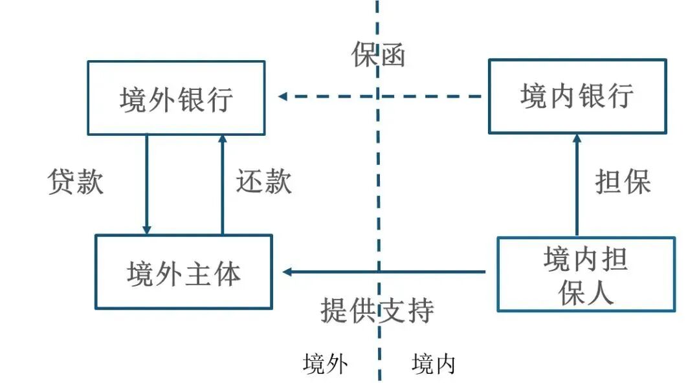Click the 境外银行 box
176,98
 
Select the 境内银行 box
577,96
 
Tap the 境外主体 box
184,272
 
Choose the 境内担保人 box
586,274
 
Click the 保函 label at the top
379,56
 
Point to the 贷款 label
76,182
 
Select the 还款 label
263,182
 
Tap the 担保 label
623,182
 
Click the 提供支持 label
377,311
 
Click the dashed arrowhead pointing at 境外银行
283,97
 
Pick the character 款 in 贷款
90,182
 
